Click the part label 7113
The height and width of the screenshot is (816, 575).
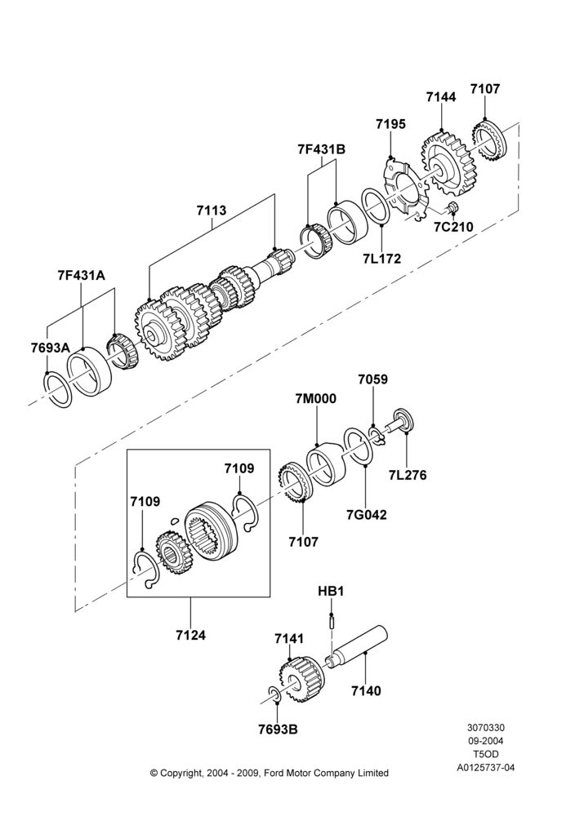[x=212, y=211]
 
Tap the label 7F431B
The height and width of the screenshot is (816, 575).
[x=321, y=149]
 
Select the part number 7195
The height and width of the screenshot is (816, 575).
[x=390, y=124]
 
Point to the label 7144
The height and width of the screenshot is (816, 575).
[x=440, y=97]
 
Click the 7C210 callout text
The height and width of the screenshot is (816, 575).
[x=454, y=227]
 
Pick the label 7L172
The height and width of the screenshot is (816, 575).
[x=382, y=258]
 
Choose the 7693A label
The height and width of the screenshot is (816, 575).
[x=50, y=348]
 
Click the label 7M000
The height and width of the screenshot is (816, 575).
[x=315, y=399]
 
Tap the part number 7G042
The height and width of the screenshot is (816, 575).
[x=367, y=515]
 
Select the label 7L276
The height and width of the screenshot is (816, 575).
[x=408, y=475]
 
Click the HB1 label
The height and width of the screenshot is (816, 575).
[x=332, y=591]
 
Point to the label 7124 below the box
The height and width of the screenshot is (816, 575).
[x=190, y=635]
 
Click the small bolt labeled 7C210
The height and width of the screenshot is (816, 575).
[x=452, y=207]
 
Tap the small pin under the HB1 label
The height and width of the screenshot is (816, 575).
[x=332, y=621]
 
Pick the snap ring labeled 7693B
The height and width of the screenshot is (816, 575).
[x=275, y=694]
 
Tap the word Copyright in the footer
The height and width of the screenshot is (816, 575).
[x=181, y=773]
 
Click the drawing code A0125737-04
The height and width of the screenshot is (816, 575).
[x=486, y=767]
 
